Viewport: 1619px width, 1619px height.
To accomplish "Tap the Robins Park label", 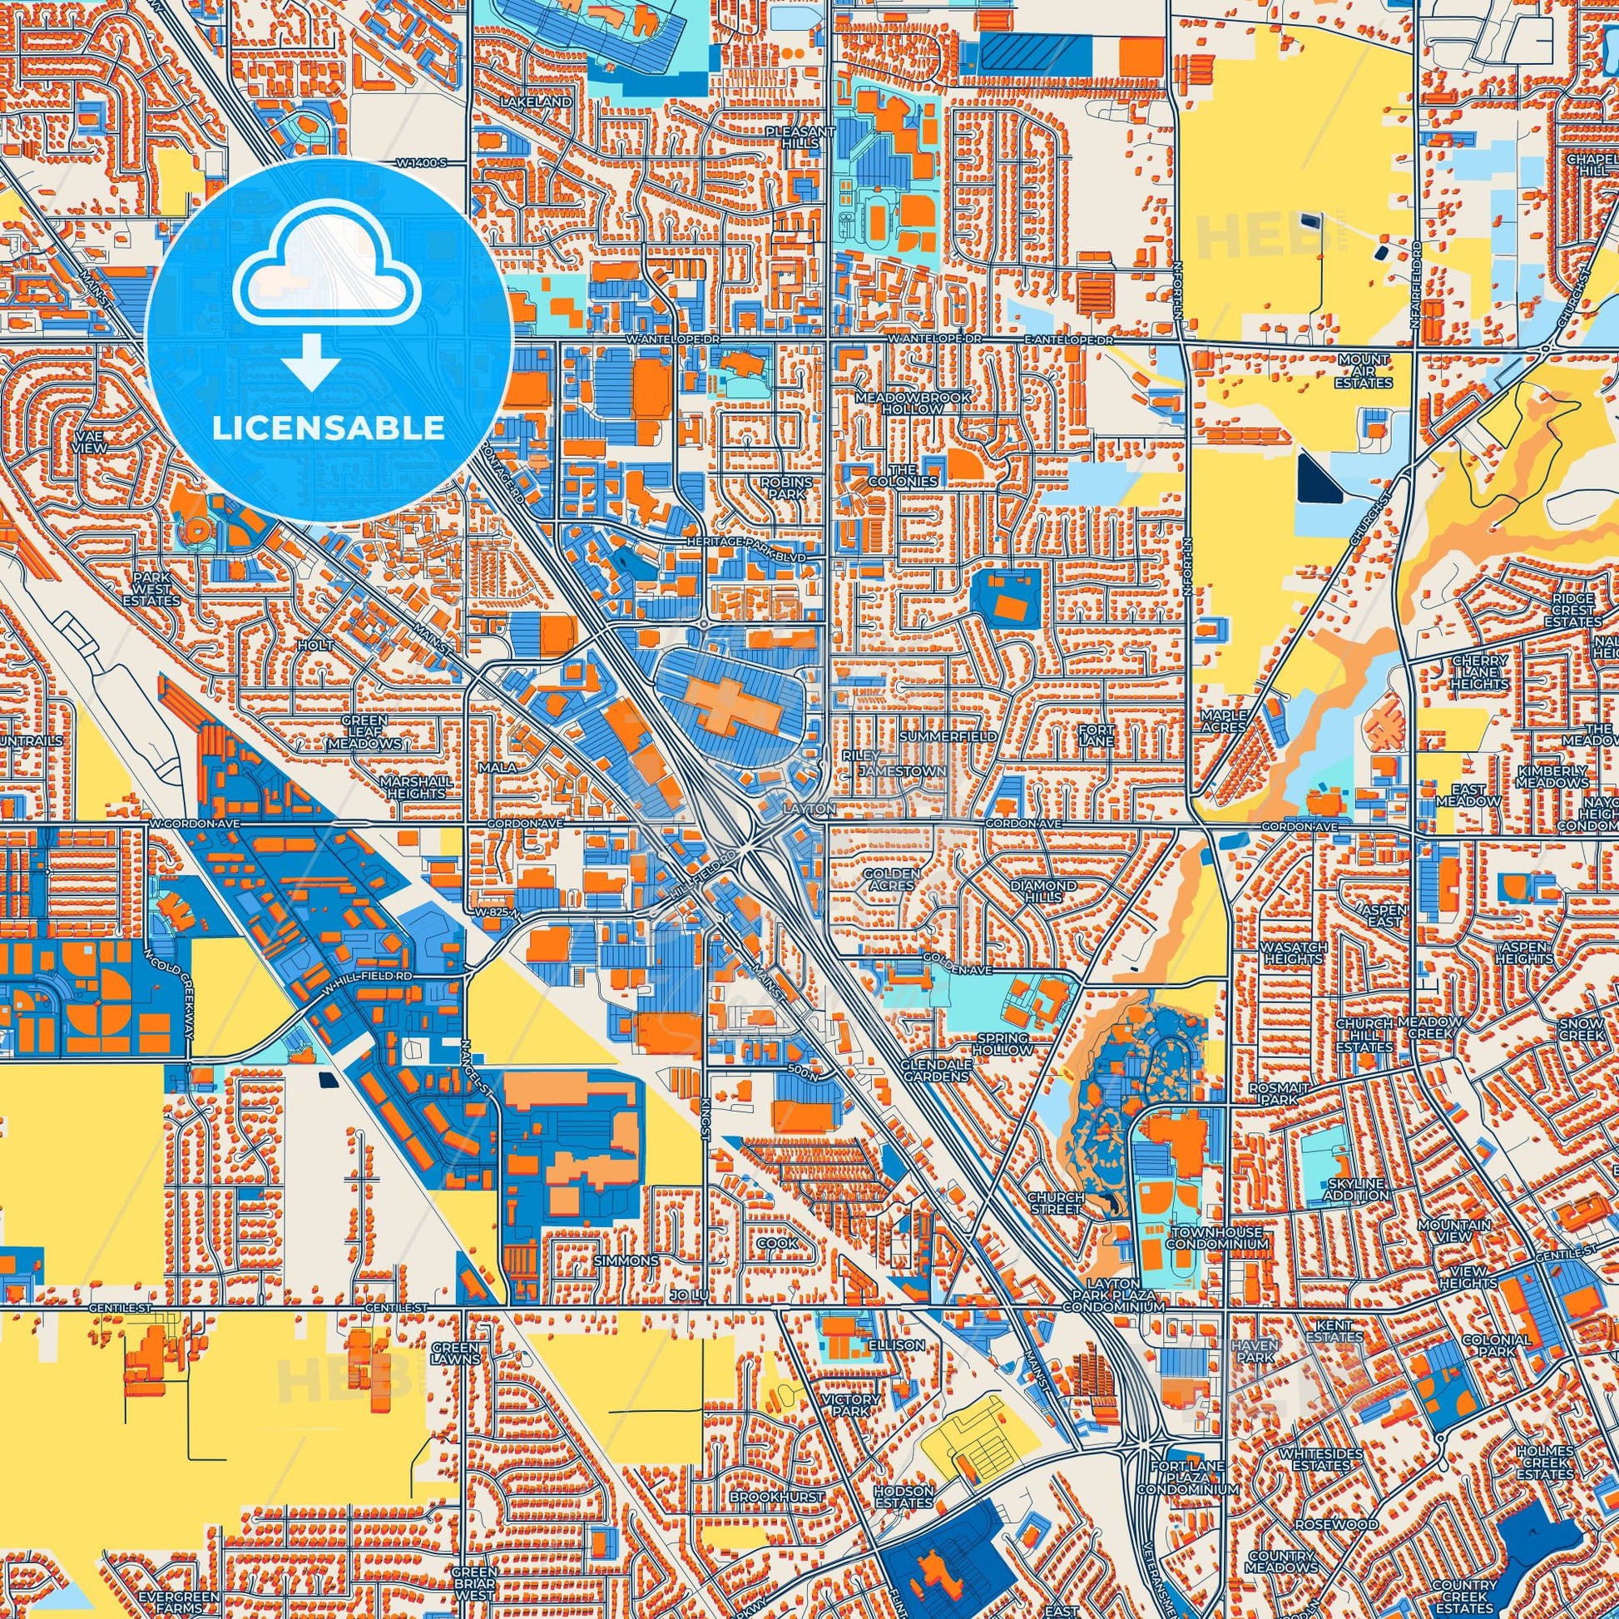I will coord(786,488).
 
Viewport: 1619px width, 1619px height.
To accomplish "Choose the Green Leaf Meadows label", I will coord(364,731).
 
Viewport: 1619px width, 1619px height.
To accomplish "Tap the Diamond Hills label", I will coord(1043,891).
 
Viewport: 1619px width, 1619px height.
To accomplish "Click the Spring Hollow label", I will coord(1003,1043).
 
